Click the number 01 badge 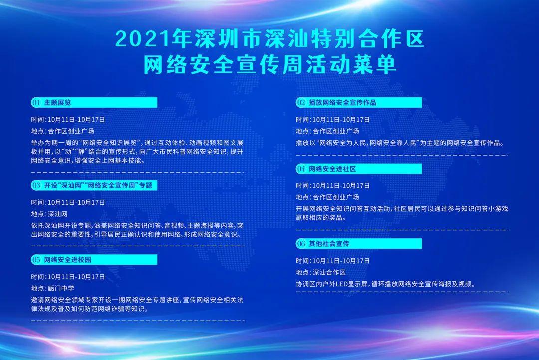tap(36, 102)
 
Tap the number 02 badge tap(301, 102)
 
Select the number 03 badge tap(36, 185)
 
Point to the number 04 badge tap(301, 169)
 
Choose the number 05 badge tap(36, 260)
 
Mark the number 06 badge tap(301, 243)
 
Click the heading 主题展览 tap(58, 102)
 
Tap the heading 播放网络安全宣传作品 tap(343, 102)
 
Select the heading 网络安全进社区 tap(332, 169)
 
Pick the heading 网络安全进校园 tap(68, 260)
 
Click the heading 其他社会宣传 tap(329, 243)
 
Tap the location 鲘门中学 tap(61, 288)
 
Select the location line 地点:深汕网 tap(49, 214)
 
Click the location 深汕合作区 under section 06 tap(329, 272)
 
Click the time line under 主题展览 tap(68, 120)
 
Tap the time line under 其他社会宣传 tap(333, 261)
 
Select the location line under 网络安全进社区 tap(327, 197)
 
